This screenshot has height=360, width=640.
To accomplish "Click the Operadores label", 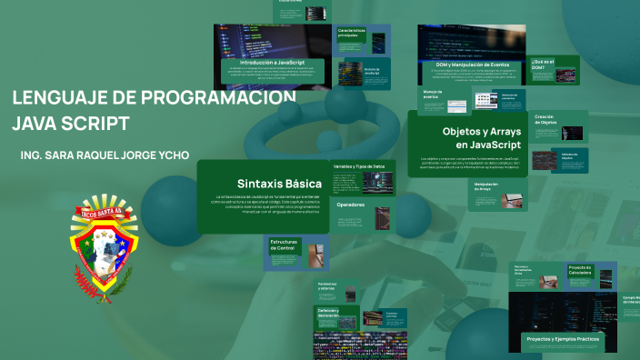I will [x=350, y=205].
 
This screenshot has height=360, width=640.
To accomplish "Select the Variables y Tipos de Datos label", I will [x=359, y=167].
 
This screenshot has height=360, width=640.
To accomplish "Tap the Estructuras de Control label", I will [x=284, y=245].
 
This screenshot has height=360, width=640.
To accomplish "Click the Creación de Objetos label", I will [x=545, y=119].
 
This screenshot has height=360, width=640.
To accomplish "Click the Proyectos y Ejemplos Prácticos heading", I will [x=563, y=338].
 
